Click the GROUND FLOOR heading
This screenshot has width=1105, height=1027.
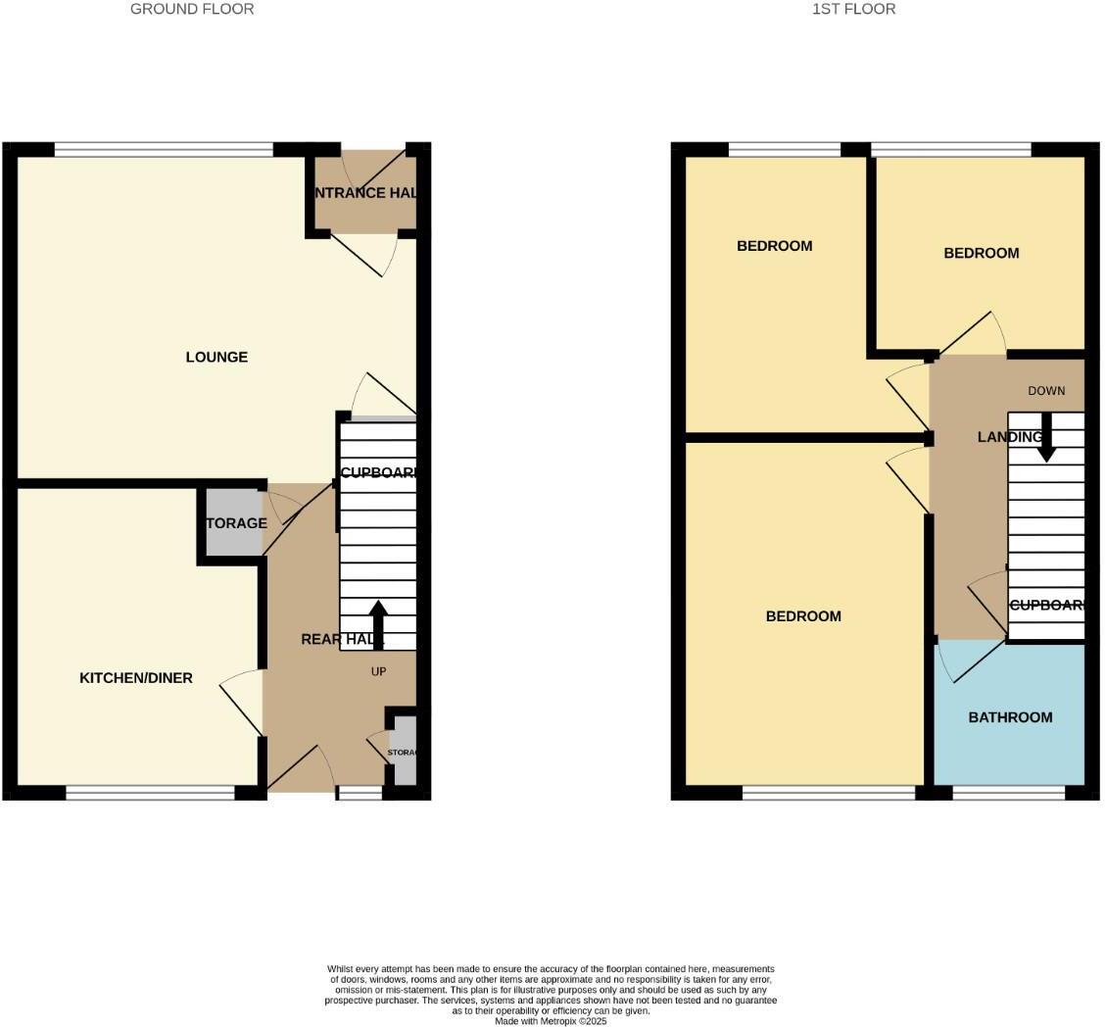192,9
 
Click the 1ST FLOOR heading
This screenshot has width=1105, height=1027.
853,9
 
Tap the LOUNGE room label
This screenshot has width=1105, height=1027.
216,357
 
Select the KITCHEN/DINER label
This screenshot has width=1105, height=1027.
136,678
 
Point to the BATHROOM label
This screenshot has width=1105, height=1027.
1010,717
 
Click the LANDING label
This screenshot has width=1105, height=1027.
1009,437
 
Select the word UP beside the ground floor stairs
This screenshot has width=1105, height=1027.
378,671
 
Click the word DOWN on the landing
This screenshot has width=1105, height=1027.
1046,391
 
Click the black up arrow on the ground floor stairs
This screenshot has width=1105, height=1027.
378,622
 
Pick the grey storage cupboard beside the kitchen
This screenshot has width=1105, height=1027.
233,524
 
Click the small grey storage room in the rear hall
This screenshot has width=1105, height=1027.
405,752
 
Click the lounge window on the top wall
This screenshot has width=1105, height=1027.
164,150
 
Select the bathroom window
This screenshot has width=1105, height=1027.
1008,793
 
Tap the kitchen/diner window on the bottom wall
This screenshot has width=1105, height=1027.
150,793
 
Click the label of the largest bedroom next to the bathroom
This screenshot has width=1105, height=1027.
803,616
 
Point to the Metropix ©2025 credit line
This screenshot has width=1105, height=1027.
551,1021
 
